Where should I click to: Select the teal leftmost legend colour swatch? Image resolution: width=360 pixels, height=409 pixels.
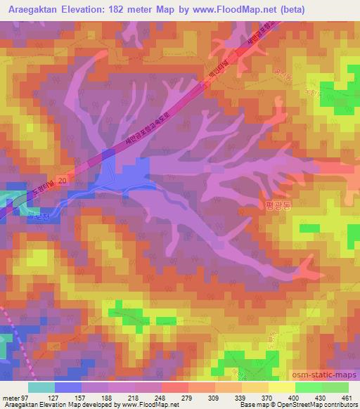tap(41, 387)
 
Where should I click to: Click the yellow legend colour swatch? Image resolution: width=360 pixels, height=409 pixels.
tap(281, 387)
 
